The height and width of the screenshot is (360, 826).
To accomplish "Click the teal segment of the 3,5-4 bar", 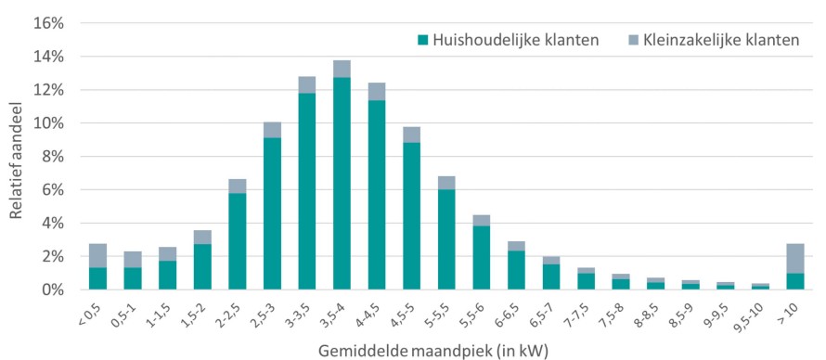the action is [342, 183].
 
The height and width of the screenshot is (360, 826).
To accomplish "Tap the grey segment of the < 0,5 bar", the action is [97, 255].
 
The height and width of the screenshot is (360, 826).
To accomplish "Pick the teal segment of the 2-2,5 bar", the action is [237, 241].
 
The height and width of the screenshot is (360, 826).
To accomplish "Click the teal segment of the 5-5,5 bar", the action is [446, 239].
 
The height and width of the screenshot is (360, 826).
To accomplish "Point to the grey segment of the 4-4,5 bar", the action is [376, 92].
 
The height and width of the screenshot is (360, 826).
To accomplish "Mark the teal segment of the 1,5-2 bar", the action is [202, 266].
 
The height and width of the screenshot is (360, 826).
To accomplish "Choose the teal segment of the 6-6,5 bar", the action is [516, 270].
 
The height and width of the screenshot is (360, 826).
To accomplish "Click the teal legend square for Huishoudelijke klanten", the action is [422, 41].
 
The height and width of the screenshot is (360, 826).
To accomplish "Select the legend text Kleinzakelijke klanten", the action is [719, 41].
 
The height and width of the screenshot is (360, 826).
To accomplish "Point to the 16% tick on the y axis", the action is [49, 24].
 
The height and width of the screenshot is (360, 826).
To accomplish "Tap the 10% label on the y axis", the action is [49, 123].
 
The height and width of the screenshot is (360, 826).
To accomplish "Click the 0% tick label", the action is [53, 290].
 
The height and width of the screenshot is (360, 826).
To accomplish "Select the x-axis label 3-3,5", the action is [302, 313].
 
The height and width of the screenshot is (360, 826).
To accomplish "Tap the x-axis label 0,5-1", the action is [127, 313].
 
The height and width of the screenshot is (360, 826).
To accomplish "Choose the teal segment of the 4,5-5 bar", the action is [411, 216].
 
